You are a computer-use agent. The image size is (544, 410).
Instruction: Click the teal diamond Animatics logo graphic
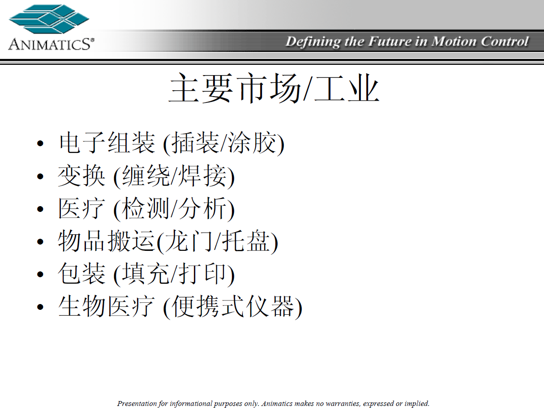(49, 19)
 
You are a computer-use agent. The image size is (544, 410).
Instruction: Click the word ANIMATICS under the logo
(51, 44)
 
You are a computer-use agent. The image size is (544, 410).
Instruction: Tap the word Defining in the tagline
(313, 42)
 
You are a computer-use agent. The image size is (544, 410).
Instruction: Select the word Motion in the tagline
(454, 41)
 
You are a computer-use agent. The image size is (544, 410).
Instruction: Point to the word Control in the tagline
(505, 41)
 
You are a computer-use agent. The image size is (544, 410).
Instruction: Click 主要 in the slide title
(201, 88)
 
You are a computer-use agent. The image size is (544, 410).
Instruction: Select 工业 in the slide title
(347, 88)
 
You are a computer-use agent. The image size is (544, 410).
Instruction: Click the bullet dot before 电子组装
(40, 144)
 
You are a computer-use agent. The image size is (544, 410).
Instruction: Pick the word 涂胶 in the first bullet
(252, 143)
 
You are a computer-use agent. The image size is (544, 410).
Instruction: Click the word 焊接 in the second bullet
(202, 176)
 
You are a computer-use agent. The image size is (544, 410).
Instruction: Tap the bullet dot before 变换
(40, 177)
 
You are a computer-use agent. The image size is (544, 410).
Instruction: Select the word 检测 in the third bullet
(146, 208)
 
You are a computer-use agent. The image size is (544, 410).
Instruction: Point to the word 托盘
(246, 241)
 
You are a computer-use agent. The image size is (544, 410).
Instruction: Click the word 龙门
(189, 241)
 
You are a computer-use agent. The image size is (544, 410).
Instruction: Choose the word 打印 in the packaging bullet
(202, 274)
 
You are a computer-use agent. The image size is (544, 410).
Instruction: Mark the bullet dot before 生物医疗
(40, 307)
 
